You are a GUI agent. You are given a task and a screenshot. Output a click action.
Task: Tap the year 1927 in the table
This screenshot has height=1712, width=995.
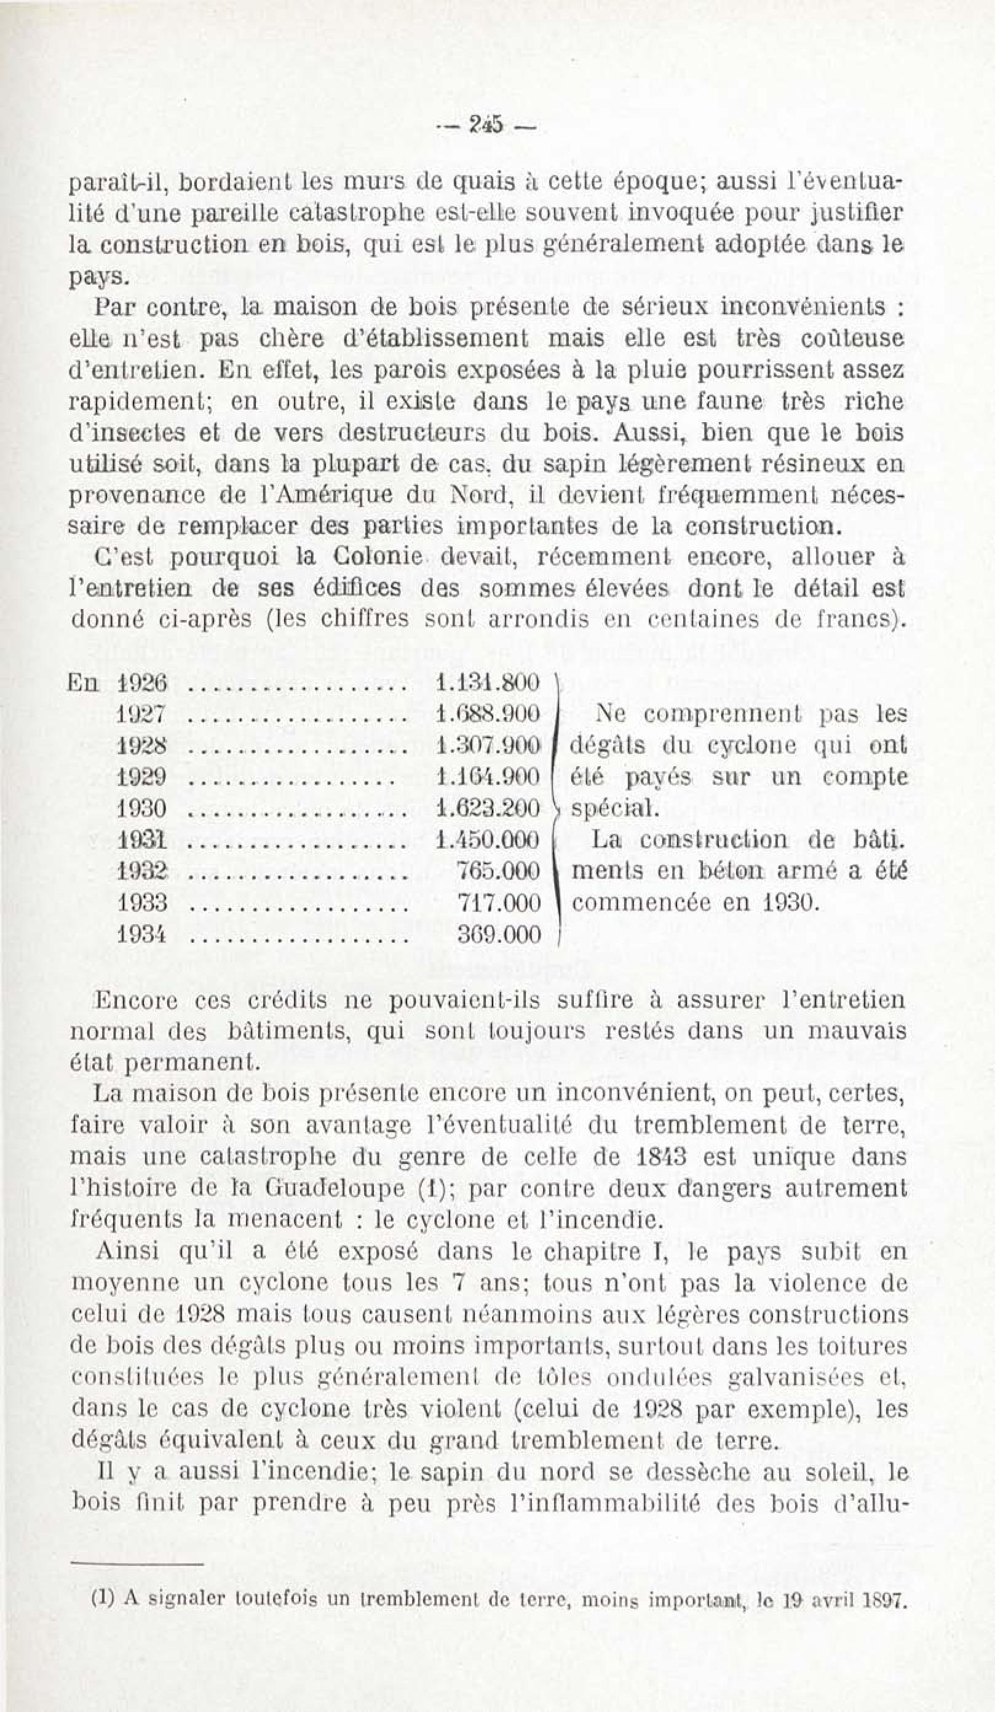click(x=141, y=714)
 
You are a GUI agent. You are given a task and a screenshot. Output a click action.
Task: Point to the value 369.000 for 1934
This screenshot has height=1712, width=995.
click(x=499, y=935)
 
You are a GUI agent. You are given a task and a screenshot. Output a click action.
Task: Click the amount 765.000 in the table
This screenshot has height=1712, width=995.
click(x=499, y=871)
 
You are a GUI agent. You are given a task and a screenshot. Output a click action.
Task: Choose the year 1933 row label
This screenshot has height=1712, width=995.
click(x=141, y=903)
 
